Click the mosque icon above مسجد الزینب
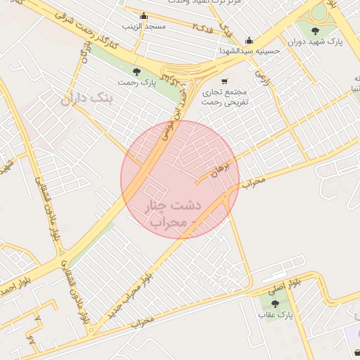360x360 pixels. tap(144, 15)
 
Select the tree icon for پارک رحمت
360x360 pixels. tap(136, 71)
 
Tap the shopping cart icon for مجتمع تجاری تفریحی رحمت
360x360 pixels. tap(224, 81)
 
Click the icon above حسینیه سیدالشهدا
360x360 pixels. tap(249, 40)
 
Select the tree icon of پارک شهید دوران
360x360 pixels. tap(313, 30)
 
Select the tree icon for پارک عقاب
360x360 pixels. tap(274, 304)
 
